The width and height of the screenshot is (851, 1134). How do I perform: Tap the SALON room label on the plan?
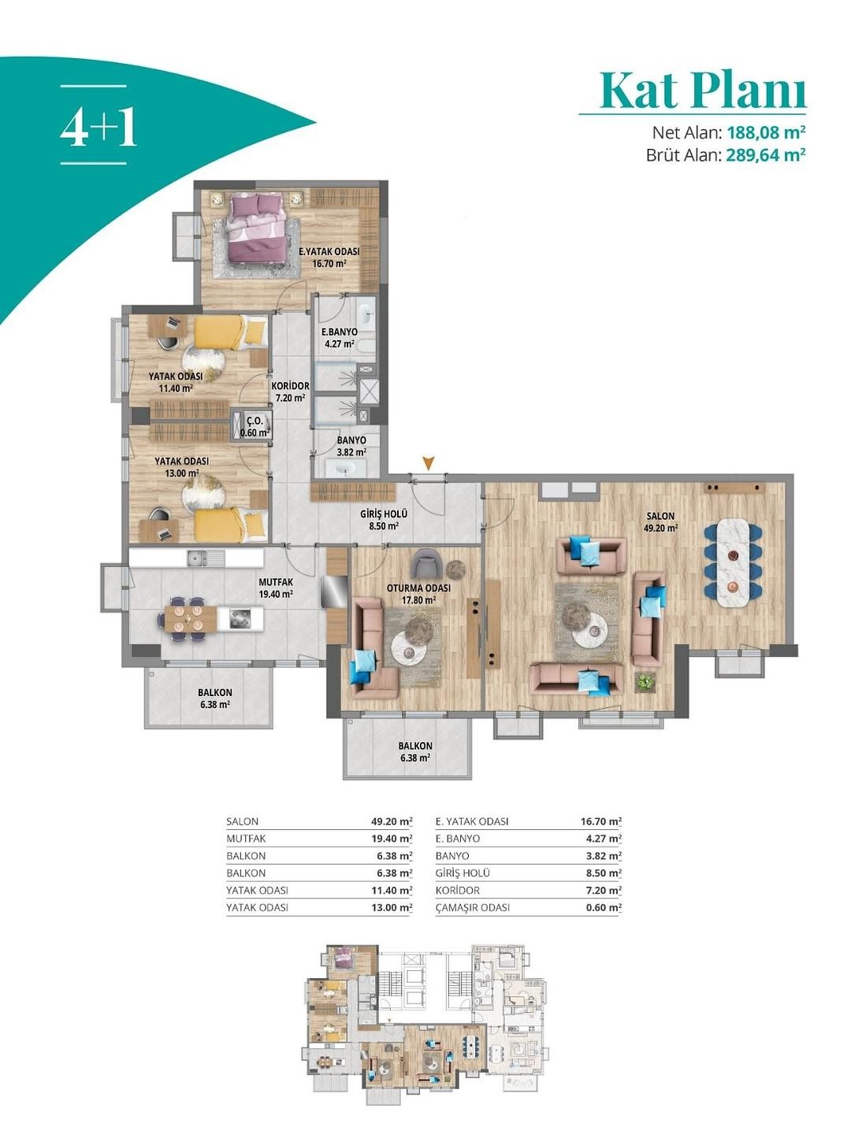[661, 516]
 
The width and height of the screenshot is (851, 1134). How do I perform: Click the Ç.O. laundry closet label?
[255, 421]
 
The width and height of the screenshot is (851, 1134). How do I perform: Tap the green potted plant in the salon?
[645, 683]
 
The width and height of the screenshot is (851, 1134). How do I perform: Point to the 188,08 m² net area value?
[766, 133]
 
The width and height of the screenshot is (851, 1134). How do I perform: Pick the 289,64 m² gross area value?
[766, 154]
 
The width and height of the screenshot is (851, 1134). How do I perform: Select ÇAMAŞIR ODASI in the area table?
[472, 908]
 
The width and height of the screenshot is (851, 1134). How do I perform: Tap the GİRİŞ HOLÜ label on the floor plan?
[384, 514]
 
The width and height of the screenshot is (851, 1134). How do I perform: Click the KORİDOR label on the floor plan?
[291, 386]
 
